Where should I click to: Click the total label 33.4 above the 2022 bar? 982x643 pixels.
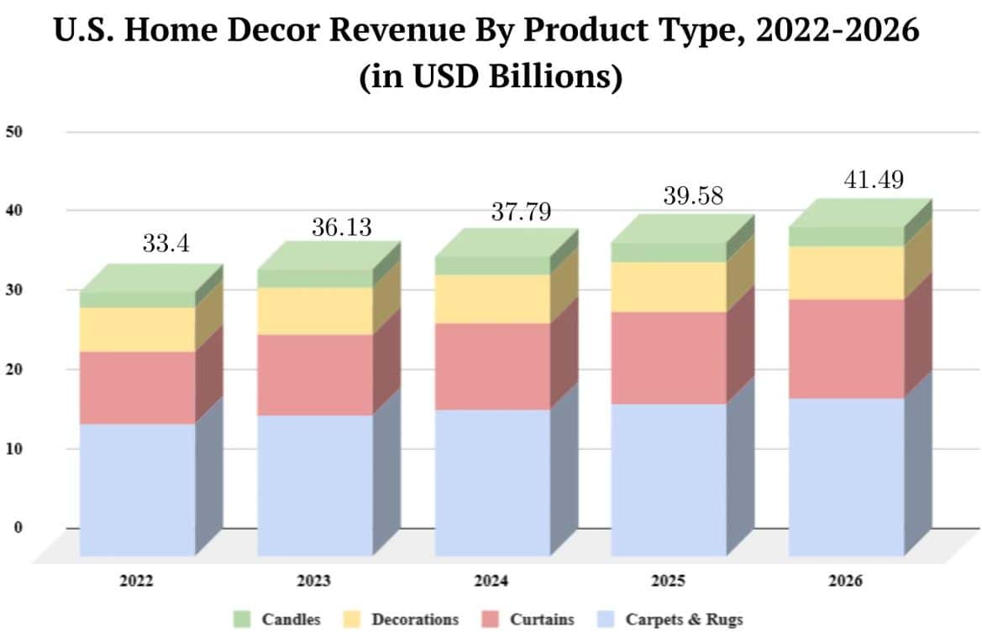pyautogui.click(x=166, y=244)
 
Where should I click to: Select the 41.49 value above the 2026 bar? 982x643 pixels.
pyautogui.click(x=873, y=179)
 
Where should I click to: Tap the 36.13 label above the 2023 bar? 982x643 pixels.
pyautogui.click(x=343, y=227)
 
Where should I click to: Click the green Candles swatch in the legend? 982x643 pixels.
pyautogui.click(x=242, y=619)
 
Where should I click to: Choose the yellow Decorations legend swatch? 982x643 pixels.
pyautogui.click(x=351, y=619)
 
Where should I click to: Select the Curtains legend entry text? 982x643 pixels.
pyautogui.click(x=542, y=619)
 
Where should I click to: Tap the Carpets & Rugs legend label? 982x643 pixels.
pyautogui.click(x=685, y=619)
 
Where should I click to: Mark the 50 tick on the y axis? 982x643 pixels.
pyautogui.click(x=15, y=132)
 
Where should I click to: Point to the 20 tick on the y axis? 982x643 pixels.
pyautogui.click(x=15, y=369)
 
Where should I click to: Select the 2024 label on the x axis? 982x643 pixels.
pyautogui.click(x=491, y=581)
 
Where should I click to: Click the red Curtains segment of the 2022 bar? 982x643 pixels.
pyautogui.click(x=137, y=387)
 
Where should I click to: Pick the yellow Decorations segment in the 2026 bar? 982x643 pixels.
pyautogui.click(x=847, y=272)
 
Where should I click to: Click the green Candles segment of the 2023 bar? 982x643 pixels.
pyautogui.click(x=315, y=278)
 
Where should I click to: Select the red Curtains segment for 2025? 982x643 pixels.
pyautogui.click(x=669, y=358)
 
